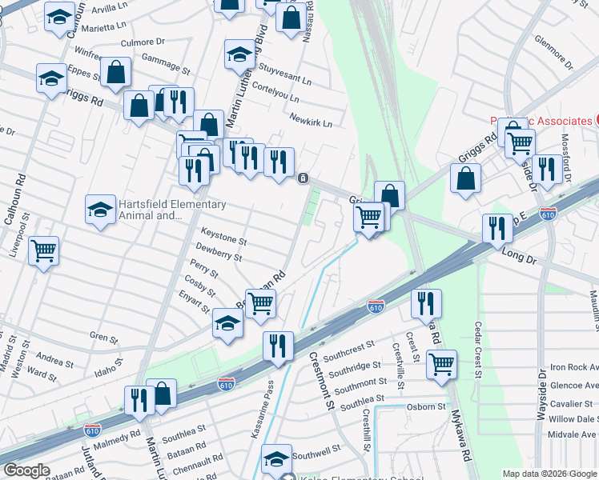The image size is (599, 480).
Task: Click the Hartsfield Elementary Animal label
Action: coord(156,210)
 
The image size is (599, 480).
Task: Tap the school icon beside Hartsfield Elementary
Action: coord(100,210)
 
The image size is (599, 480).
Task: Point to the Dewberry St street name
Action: coord(219,255)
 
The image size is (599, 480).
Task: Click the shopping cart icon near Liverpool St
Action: coord(43,250)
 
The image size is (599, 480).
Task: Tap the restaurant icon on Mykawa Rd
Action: coord(426,303)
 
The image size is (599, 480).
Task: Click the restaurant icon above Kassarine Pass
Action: coord(278,346)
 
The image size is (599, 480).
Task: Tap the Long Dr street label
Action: coord(517,258)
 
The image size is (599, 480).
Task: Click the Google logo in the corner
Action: coord(26,470)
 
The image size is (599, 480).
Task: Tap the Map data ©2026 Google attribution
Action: coord(549,474)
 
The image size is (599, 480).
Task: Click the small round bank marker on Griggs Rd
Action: coord(303,178)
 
